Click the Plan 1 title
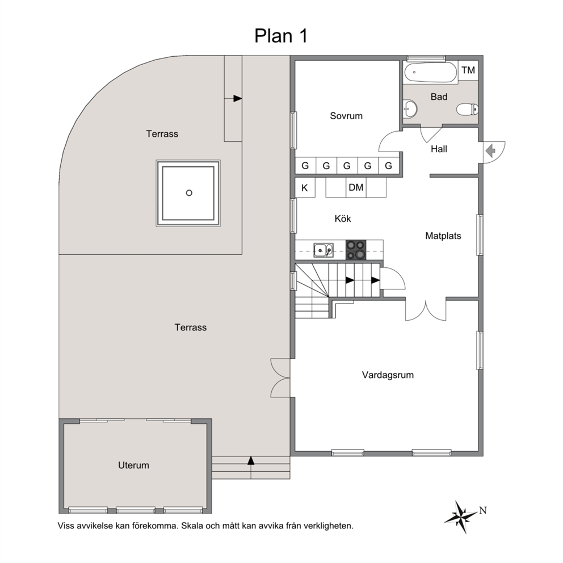coord(281,36)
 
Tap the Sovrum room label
coord(346,116)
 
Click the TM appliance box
coord(468,70)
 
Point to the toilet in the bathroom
coord(467,109)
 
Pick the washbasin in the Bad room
coord(410,108)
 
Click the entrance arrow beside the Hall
coord(490,151)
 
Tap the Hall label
coord(439,149)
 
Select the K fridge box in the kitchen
coord(305,187)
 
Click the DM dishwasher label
coord(356,187)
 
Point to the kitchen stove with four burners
coord(356,250)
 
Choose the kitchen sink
coord(323,250)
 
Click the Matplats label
coord(443,236)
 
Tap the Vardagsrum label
coord(388,375)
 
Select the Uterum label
coord(133,465)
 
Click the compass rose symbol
coord(461,517)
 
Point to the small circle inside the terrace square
coord(189,193)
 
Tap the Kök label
coord(343,219)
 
